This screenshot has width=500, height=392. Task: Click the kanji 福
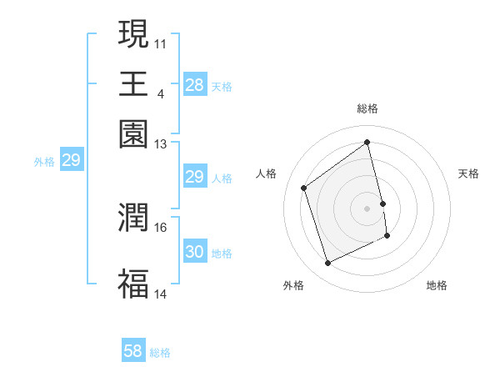point(133,283)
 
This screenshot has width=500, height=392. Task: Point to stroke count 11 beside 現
point(161,43)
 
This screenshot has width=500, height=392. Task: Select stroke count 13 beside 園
point(161,144)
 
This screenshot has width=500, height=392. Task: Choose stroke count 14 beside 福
point(161,294)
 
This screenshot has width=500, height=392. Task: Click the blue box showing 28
point(194,85)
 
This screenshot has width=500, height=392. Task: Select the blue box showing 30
point(194,252)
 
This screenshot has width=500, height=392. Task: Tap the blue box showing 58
point(133,351)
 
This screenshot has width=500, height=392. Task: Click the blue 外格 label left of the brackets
point(43,162)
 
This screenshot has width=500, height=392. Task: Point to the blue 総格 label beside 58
point(160,353)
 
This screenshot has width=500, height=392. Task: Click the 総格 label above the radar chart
point(367,108)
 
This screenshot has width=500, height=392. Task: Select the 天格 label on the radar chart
point(468,173)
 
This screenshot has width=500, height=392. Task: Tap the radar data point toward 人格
point(304,188)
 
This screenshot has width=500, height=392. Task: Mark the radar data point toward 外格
point(327,264)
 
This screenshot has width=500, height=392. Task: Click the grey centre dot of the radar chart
point(367,208)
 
